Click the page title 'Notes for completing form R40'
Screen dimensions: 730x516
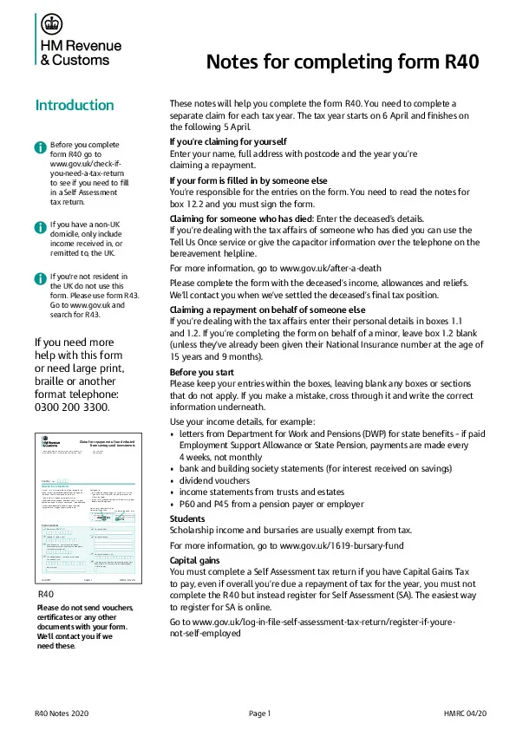(342, 62)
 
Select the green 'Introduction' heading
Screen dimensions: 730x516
(74, 106)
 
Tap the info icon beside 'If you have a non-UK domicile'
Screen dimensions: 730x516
(40, 226)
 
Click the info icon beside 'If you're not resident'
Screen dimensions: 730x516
(40, 277)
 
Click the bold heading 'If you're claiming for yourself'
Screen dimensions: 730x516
(228, 140)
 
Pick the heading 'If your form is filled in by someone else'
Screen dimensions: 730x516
(248, 179)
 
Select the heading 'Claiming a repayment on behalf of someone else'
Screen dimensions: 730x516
(267, 310)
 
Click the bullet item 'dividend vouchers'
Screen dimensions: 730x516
(214, 479)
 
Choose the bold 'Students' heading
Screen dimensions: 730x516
(189, 518)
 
